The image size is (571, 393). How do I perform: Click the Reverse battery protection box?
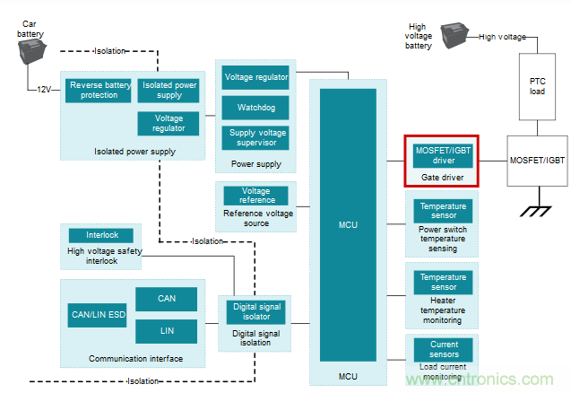(x=99, y=91)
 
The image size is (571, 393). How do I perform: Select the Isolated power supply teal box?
(x=168, y=91)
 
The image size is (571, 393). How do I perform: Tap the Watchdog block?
(x=255, y=108)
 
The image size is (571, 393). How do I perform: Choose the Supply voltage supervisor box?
(x=255, y=137)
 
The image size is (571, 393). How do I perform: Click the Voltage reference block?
(x=255, y=196)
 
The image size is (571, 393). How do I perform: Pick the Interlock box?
(x=102, y=235)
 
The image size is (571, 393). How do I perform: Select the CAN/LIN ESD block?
(x=97, y=315)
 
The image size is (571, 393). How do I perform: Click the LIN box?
(x=166, y=331)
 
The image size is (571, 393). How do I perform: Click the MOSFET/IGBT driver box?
(x=443, y=155)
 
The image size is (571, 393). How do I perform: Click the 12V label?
(x=45, y=90)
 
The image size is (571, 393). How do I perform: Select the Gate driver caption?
(x=443, y=178)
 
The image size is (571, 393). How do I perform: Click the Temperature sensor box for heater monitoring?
(x=443, y=282)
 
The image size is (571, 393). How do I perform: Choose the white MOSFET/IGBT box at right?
(x=537, y=159)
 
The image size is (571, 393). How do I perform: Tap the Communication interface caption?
(x=135, y=359)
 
